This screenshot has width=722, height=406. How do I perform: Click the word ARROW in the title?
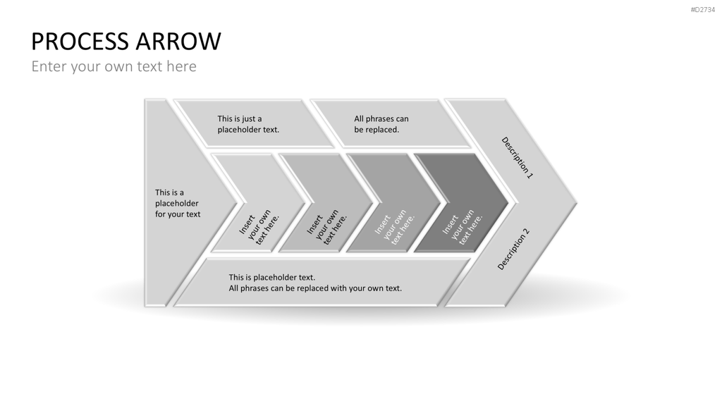click(178, 41)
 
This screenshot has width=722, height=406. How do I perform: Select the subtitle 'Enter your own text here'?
click(114, 66)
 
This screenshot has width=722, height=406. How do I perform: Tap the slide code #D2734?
click(703, 10)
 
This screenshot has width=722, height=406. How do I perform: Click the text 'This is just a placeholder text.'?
click(248, 124)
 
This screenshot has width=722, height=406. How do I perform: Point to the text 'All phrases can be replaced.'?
click(381, 124)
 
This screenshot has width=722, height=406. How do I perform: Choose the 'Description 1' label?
click(517, 157)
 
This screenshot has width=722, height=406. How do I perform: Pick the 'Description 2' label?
click(514, 249)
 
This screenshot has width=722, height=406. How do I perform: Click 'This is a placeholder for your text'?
click(177, 203)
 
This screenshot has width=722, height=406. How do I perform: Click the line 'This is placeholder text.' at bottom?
click(271, 278)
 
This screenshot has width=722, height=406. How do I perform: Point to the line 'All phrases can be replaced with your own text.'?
click(315, 288)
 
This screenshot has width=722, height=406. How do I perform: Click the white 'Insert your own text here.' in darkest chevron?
click(463, 227)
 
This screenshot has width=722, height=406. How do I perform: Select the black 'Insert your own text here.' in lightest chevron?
click(259, 227)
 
